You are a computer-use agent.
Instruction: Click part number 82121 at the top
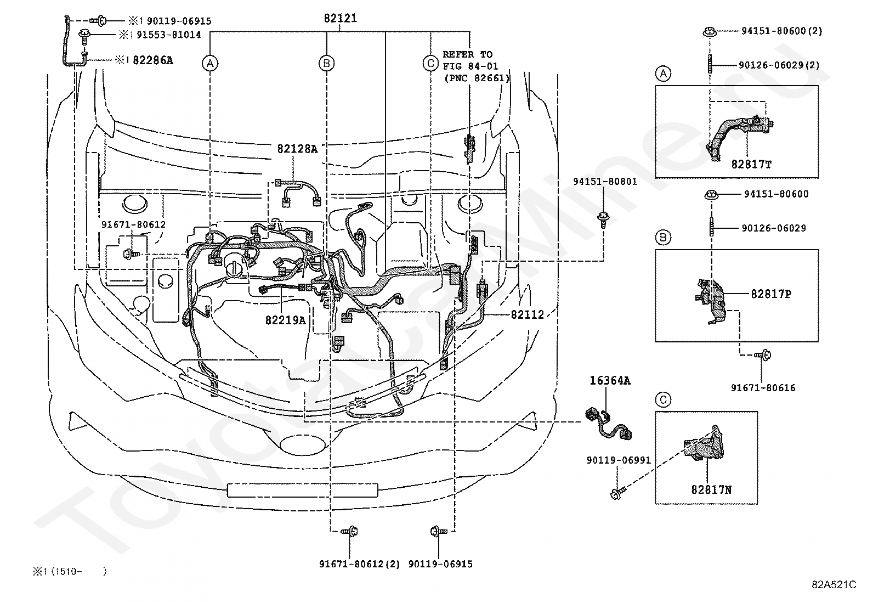340,18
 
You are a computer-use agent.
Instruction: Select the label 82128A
297,149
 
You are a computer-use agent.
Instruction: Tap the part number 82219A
285,320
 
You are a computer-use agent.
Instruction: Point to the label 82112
528,314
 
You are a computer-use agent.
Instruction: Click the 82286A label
153,60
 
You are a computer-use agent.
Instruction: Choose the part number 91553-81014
169,35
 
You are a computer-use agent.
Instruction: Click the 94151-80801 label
605,182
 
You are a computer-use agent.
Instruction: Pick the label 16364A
610,380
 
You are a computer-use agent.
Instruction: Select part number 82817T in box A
751,164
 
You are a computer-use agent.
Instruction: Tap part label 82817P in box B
771,294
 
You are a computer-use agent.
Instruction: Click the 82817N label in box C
711,489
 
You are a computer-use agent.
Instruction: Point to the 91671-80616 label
763,388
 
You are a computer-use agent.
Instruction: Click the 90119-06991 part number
619,460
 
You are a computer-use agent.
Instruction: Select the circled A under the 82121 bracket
210,63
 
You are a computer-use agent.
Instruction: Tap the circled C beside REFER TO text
430,63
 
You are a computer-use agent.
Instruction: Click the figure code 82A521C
834,584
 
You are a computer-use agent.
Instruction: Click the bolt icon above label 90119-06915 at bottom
439,531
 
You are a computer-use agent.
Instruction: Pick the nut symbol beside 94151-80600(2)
710,31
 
